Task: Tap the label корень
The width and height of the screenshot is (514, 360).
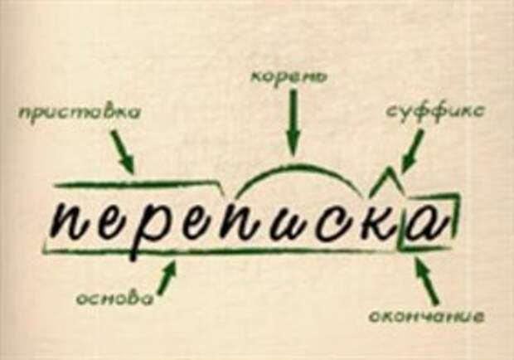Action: [289, 77]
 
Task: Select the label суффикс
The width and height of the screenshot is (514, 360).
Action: [436, 110]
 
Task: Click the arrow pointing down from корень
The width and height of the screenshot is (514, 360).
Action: [292, 124]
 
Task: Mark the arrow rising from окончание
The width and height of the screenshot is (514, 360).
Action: [426, 280]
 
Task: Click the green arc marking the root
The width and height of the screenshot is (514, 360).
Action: [290, 170]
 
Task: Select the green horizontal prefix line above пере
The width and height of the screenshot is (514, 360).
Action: [137, 183]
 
